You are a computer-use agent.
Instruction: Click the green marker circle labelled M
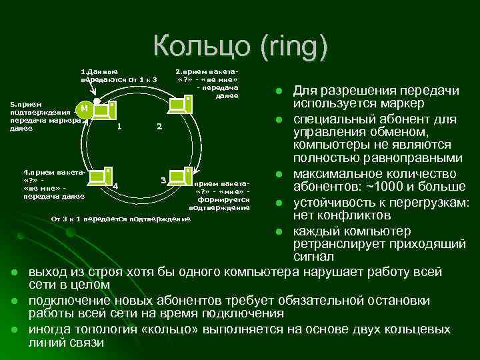pyautogui.click(x=84, y=109)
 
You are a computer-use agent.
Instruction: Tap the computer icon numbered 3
pyautogui.click(x=180, y=176)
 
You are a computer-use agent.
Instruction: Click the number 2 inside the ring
pyautogui.click(x=158, y=127)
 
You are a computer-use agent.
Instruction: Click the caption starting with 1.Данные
pyautogui.click(x=118, y=75)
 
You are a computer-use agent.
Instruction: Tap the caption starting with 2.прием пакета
pyautogui.click(x=207, y=83)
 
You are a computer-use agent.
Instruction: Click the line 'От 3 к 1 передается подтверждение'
pyautogui.click(x=121, y=219)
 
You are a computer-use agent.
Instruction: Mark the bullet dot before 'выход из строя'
pyautogui.click(x=14, y=272)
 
